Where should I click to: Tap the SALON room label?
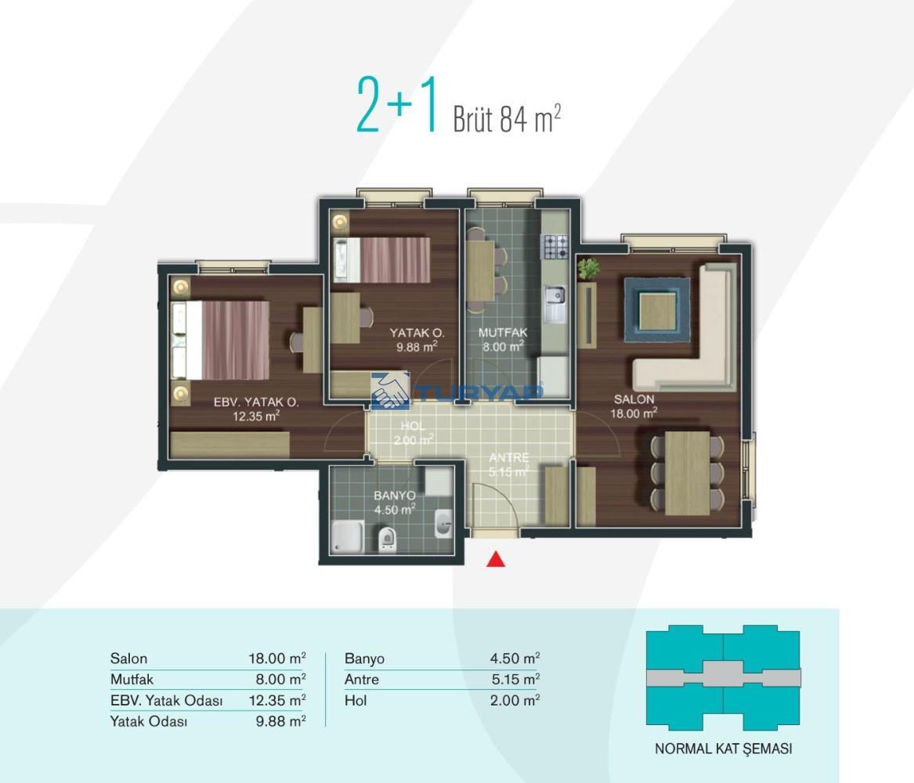pos(634,399)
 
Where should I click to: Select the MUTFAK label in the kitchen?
pos(503,333)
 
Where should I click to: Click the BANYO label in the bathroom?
pos(395,496)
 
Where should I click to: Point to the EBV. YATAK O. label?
pos(256,402)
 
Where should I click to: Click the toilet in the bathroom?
pos(386,539)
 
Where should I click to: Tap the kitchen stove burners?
pos(556,247)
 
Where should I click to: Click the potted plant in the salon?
pos(588,269)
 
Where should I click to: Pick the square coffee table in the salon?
pos(657,310)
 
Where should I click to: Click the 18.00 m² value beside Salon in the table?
pos(277,659)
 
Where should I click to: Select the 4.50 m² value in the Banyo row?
pos(515,659)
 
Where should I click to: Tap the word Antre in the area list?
pos(361,680)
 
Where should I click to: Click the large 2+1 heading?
pos(397,105)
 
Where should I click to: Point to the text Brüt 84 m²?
pos(507,118)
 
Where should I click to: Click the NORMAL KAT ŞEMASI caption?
pos(724,749)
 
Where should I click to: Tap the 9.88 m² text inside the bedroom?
pos(417,347)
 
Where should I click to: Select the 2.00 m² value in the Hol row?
pos(515,700)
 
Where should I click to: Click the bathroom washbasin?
pos(443,523)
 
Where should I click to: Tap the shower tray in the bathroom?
pos(348,536)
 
